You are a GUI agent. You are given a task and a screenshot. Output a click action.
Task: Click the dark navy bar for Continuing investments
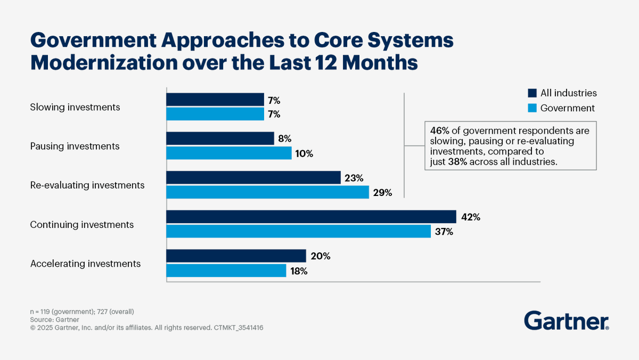point(311,217)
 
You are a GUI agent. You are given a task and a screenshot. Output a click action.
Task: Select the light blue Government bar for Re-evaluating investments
point(267,192)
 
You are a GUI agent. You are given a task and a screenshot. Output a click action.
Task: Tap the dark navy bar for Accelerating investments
point(236,256)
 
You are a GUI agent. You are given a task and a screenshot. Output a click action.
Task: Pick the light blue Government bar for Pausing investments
point(229,153)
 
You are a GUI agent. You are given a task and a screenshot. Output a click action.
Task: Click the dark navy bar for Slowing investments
point(215,100)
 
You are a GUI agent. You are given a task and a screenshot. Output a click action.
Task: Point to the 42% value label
point(470,217)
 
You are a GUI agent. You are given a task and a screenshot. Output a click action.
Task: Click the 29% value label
point(382,193)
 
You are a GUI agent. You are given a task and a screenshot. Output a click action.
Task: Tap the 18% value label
point(299,271)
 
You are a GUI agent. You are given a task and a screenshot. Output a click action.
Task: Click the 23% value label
point(354,178)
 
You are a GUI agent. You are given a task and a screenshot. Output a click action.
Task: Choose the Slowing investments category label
point(75,107)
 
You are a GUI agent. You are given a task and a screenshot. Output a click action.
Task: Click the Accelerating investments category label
point(85,264)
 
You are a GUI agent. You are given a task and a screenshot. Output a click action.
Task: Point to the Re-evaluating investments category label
point(87,185)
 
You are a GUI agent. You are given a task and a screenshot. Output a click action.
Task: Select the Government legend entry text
point(567,108)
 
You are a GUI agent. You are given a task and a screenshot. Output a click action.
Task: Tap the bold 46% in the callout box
point(438,130)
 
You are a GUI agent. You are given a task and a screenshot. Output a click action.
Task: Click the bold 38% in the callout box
point(458,162)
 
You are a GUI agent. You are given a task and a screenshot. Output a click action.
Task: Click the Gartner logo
point(567,321)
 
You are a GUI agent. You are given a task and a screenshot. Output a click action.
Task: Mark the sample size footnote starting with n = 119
point(82,311)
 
